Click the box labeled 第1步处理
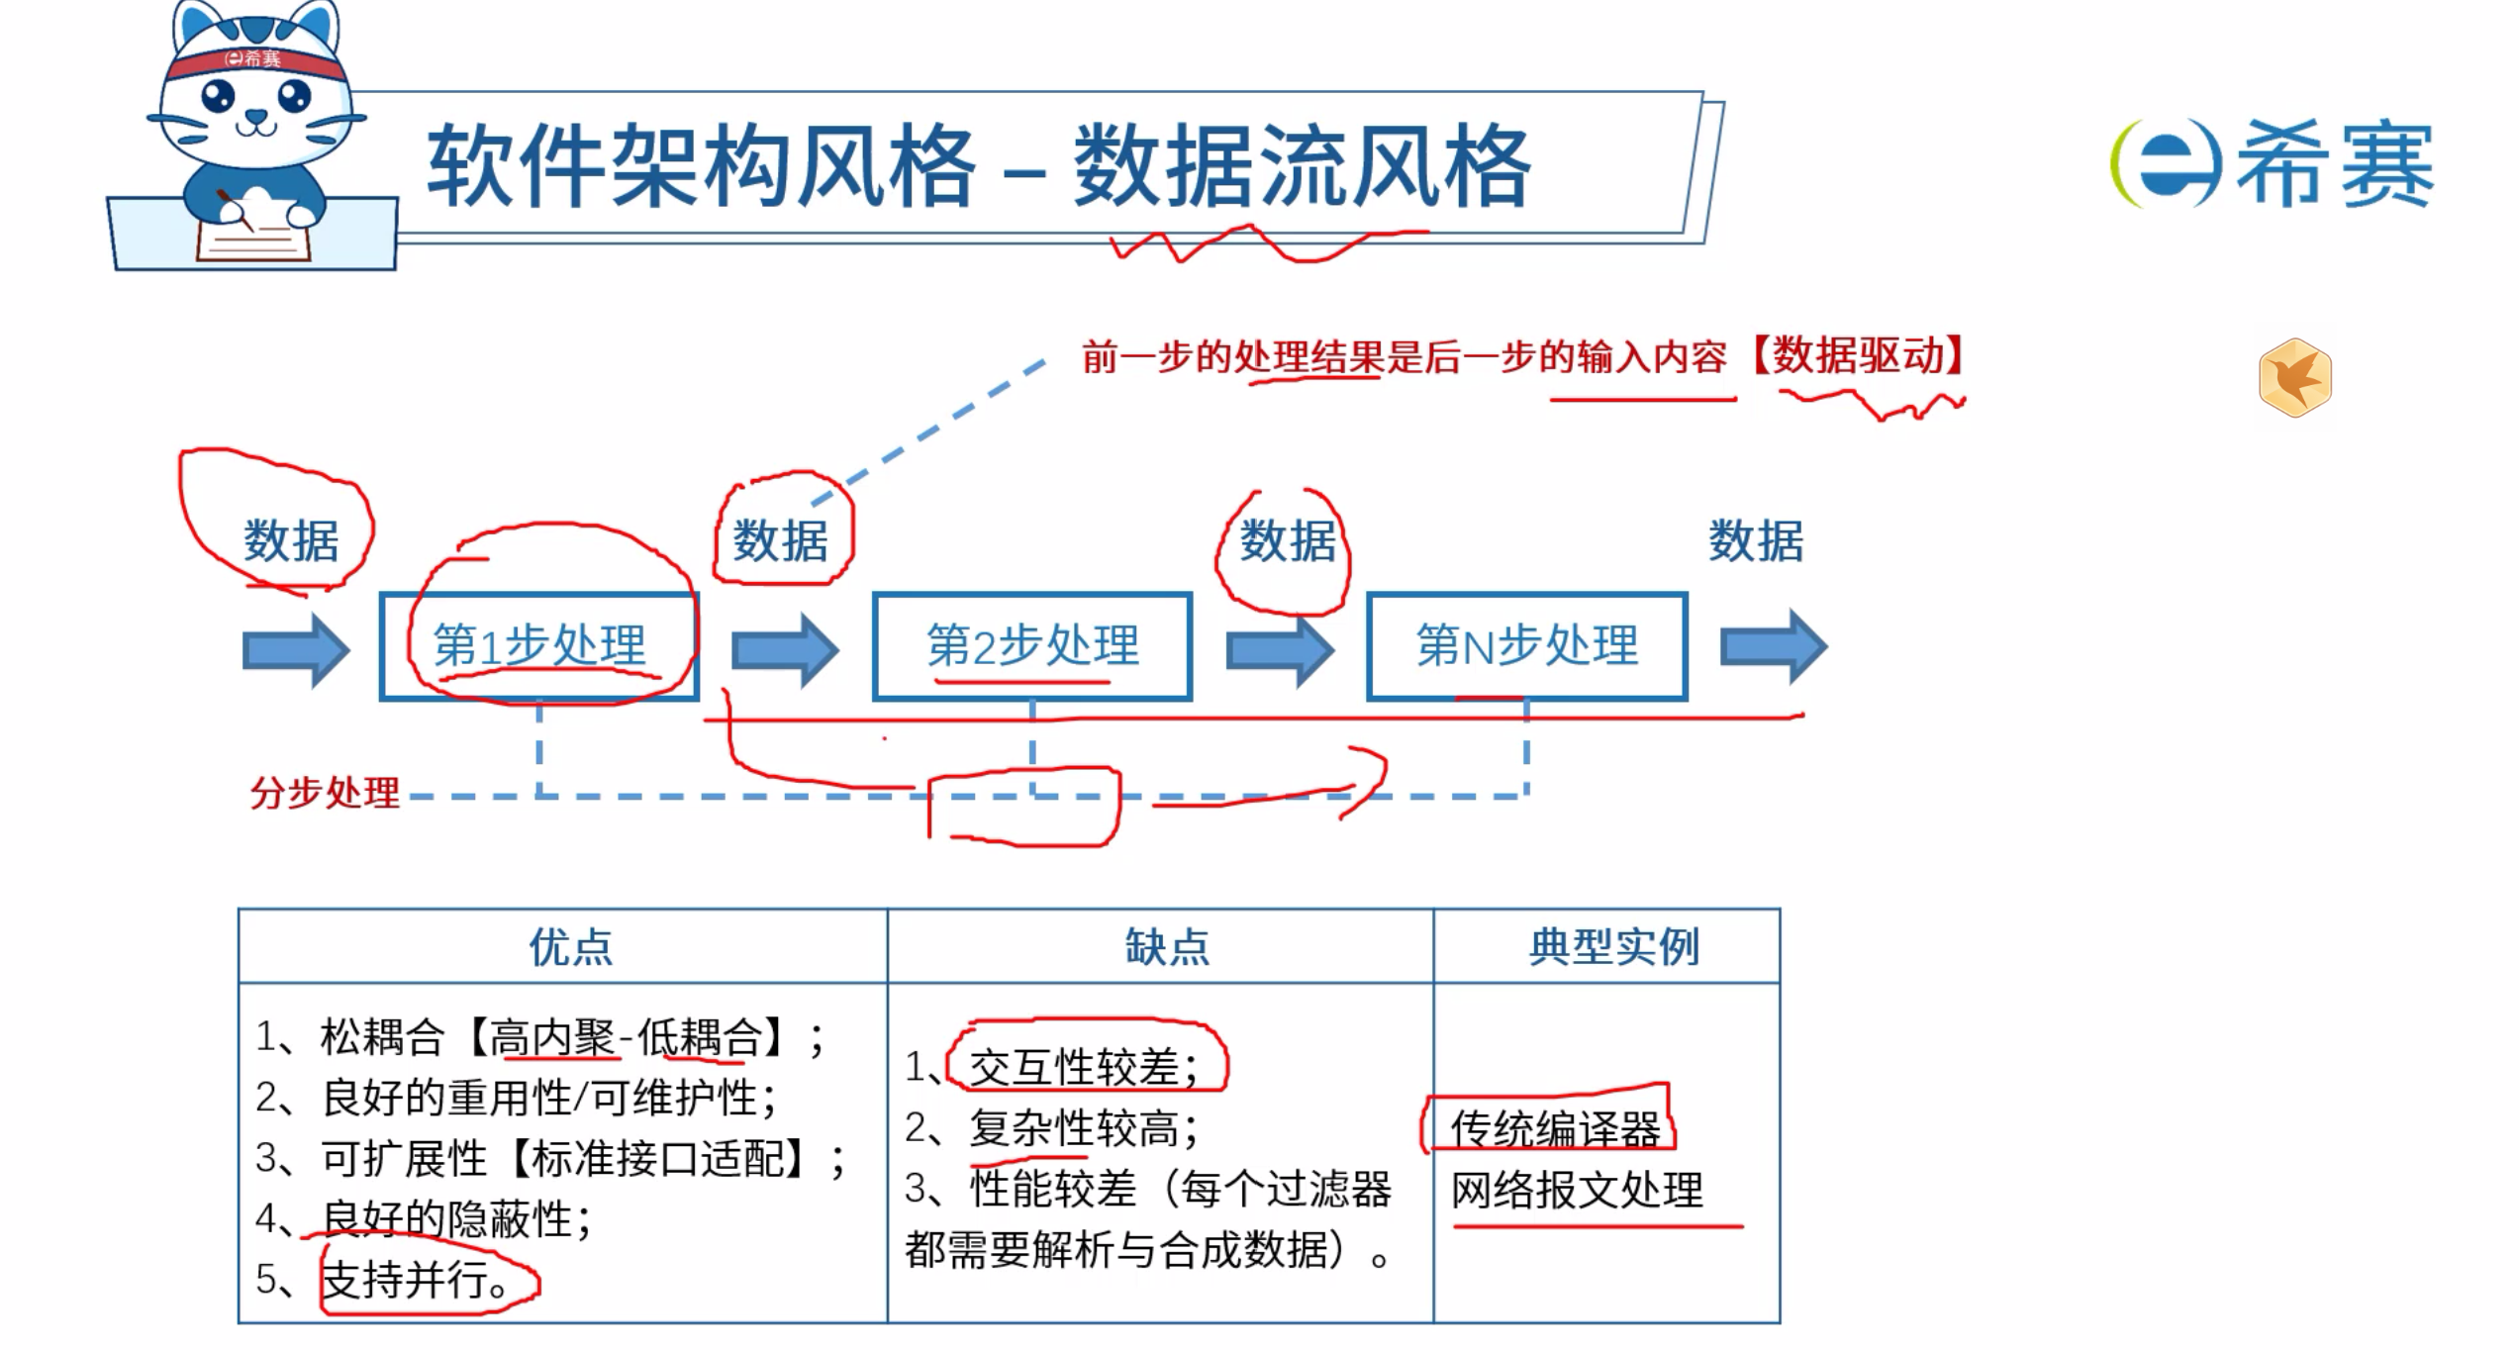pyautogui.click(x=539, y=646)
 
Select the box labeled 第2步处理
pyautogui.click(x=1031, y=646)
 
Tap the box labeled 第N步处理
pyautogui.click(x=1526, y=646)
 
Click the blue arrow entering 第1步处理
pyautogui.click(x=296, y=649)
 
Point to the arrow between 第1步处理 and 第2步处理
pyautogui.click(x=785, y=649)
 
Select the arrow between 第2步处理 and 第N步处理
pyautogui.click(x=1280, y=649)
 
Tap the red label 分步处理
pyautogui.click(x=325, y=793)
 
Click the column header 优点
pyautogui.click(x=570, y=947)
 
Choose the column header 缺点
pyautogui.click(x=1167, y=947)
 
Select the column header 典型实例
pyautogui.click(x=1613, y=947)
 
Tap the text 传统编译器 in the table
pyautogui.click(x=1555, y=1128)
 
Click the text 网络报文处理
pyautogui.click(x=1577, y=1190)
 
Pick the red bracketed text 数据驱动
pyautogui.click(x=1858, y=355)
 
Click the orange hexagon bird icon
pyautogui.click(x=2294, y=378)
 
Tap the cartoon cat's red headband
pyautogui.click(x=256, y=60)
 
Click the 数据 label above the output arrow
pyautogui.click(x=1756, y=541)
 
